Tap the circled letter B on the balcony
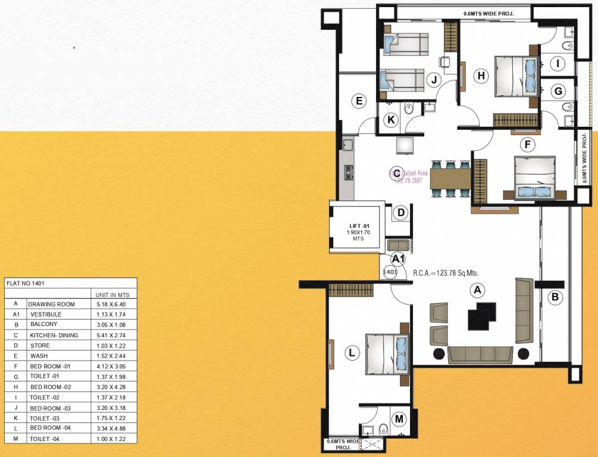[x=555, y=297]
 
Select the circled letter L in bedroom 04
[x=353, y=353]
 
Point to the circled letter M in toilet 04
[x=399, y=419]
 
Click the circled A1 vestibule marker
[x=398, y=258]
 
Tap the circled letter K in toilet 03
[x=391, y=120]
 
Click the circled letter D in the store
[x=401, y=212]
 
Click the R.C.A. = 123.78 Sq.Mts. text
[x=446, y=273]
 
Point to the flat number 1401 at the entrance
[x=390, y=272]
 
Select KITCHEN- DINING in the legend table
[x=54, y=335]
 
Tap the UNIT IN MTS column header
[x=112, y=295]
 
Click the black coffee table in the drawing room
[x=481, y=315]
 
